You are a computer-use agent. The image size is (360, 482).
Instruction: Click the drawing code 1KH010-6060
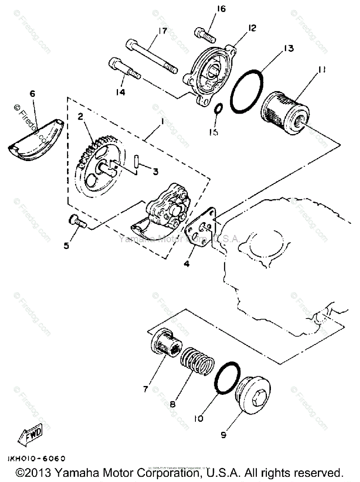[x=36, y=458]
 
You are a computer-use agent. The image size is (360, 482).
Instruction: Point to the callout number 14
[x=120, y=92]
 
